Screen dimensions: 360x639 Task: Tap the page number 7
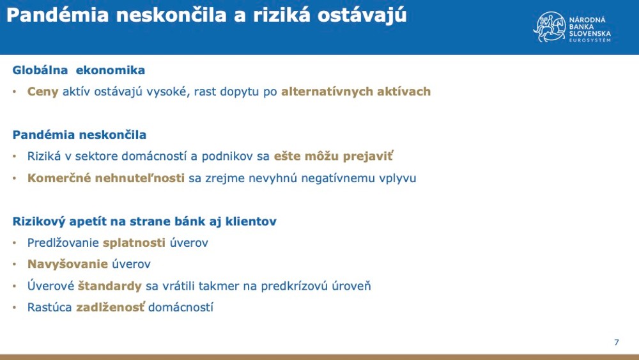tap(617, 342)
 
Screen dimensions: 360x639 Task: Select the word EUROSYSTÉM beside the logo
tap(589, 40)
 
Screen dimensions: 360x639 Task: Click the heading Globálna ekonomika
tap(79, 70)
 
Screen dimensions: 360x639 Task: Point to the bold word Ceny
tap(43, 91)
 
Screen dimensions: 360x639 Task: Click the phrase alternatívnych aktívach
tap(356, 91)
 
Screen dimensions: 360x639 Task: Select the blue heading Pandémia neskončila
tap(79, 135)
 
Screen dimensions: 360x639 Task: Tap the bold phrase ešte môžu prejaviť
tap(334, 156)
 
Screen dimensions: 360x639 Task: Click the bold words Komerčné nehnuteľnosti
tap(106, 178)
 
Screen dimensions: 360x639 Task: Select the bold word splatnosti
tap(134, 243)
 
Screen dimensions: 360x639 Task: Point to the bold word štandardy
tap(110, 286)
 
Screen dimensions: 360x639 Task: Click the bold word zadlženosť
tap(111, 308)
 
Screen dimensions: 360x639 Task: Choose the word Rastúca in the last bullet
tap(50, 308)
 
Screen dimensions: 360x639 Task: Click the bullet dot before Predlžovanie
tap(15, 243)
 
